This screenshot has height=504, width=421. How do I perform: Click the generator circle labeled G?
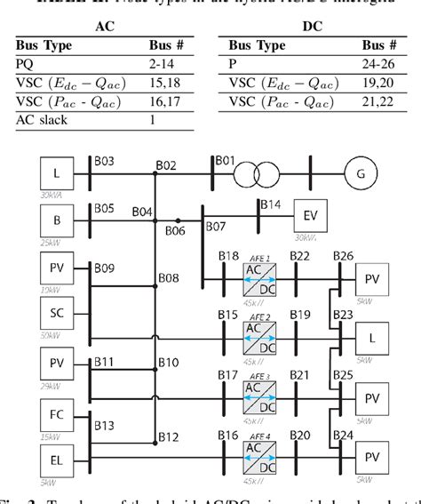[x=360, y=175]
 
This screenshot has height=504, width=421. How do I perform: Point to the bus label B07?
[x=216, y=227]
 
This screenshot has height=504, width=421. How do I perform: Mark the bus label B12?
[x=168, y=436]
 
